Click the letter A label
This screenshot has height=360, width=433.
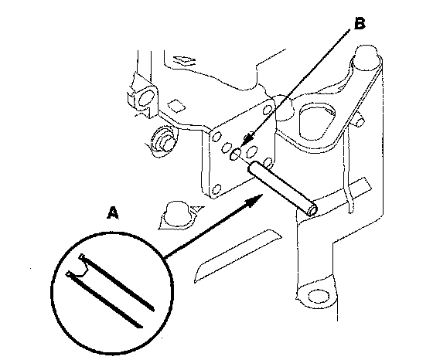(x=113, y=212)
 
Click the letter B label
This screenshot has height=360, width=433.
(x=360, y=23)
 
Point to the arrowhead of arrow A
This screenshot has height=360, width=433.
(x=254, y=200)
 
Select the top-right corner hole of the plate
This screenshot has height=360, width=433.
(x=268, y=110)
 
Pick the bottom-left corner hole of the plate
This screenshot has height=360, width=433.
(x=217, y=189)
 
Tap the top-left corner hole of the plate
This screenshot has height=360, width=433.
(x=217, y=136)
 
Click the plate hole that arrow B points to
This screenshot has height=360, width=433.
(x=235, y=154)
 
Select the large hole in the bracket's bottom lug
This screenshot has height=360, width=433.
(x=319, y=297)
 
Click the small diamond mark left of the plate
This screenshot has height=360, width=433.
(x=177, y=105)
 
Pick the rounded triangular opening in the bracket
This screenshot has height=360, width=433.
(x=318, y=122)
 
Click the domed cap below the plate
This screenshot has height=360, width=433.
(x=177, y=216)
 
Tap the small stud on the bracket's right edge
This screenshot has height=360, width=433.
(x=360, y=121)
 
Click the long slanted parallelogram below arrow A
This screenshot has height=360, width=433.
(x=238, y=255)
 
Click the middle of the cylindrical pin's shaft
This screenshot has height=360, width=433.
(x=282, y=188)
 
